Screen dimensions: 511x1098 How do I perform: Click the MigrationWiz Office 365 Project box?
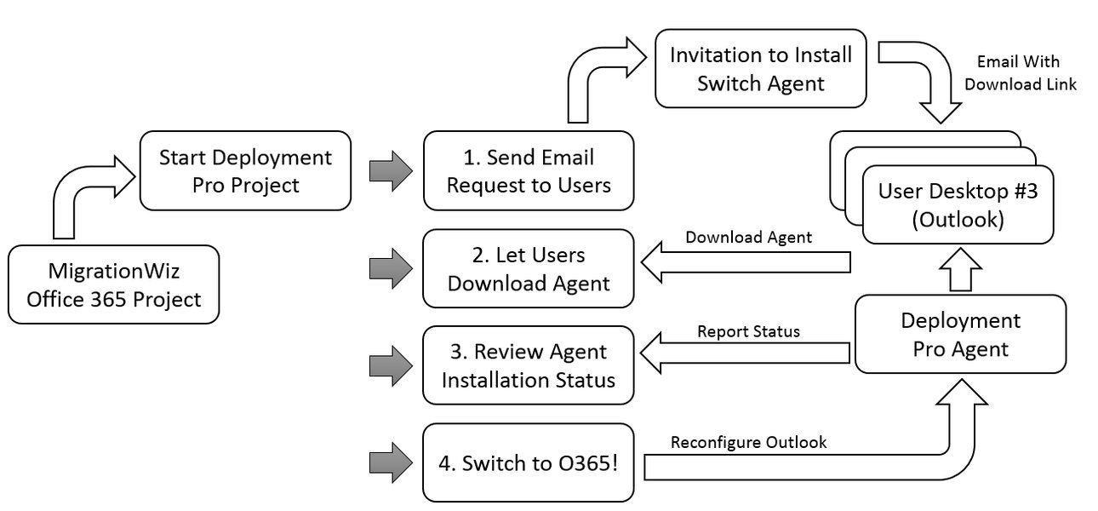coord(113,284)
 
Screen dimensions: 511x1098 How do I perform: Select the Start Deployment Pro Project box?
coord(245,169)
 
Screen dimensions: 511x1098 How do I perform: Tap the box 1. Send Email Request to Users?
coord(529,169)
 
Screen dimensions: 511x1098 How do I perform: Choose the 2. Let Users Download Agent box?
coord(529,268)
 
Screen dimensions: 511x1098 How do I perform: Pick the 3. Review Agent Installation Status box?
coord(529,365)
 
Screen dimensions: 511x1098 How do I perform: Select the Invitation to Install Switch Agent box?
coord(760,69)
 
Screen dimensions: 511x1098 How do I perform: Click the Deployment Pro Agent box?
coord(960,334)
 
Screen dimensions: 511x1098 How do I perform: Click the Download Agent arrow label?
coord(748,238)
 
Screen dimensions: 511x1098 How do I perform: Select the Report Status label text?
coord(748,331)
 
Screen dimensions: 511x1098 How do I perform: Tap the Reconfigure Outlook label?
coord(748,442)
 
